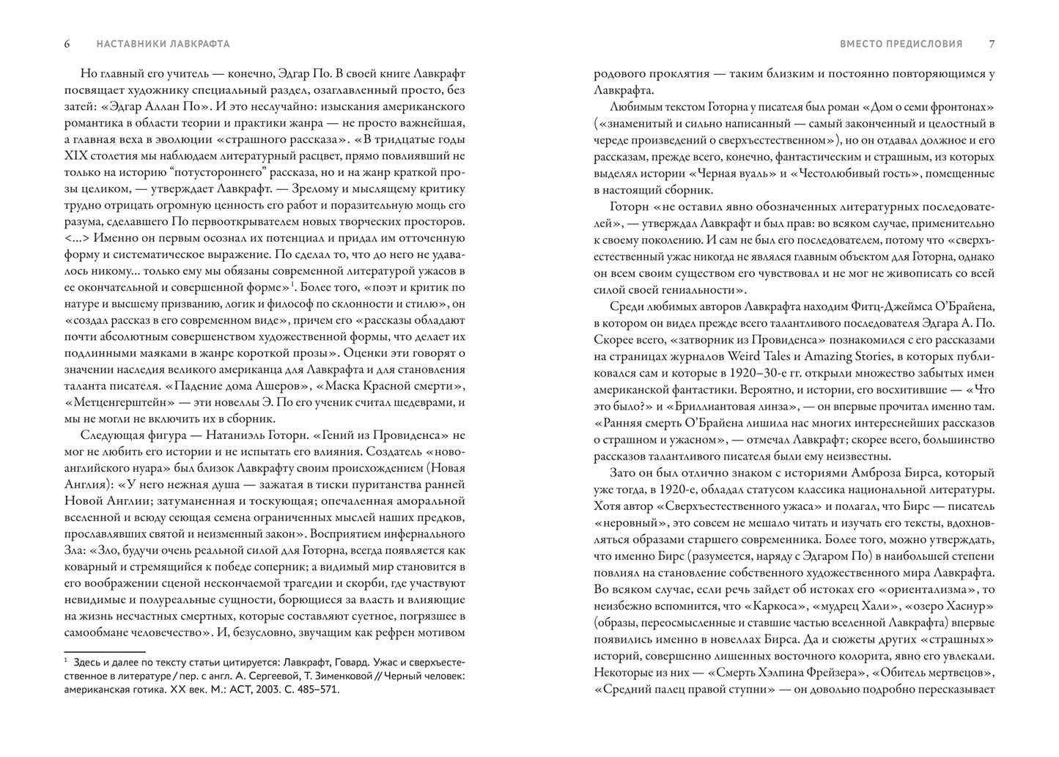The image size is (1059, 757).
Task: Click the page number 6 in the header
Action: click(67, 44)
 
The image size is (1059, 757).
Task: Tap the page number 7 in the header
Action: click(992, 44)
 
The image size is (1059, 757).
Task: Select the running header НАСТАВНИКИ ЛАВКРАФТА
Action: click(163, 44)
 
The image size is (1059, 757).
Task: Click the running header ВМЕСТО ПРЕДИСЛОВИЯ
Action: click(901, 44)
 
